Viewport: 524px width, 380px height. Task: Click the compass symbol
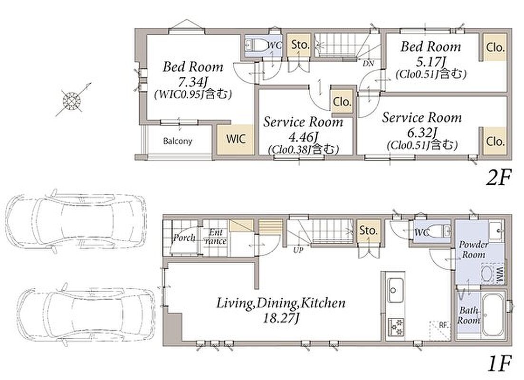click(x=72, y=100)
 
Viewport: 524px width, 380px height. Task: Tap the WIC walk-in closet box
click(x=235, y=139)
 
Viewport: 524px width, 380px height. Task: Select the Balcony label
click(x=178, y=141)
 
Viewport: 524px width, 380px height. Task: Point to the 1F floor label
click(x=499, y=364)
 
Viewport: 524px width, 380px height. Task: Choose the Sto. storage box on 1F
click(x=368, y=230)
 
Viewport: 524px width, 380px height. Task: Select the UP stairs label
click(x=298, y=250)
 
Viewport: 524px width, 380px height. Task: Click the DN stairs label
click(x=368, y=64)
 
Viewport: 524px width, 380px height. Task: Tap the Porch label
click(x=184, y=237)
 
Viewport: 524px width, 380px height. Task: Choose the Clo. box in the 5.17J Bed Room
click(x=495, y=47)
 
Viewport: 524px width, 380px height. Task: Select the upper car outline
click(x=76, y=221)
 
